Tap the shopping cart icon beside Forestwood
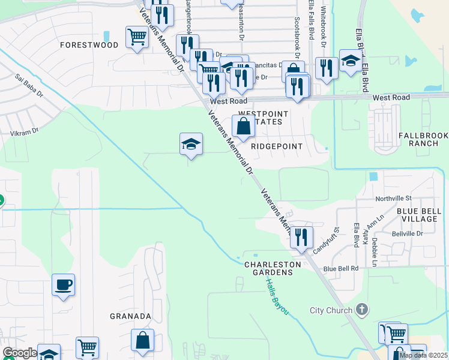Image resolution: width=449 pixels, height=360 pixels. pos(137,38)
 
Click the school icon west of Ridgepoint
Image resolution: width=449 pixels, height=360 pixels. pos(191,144)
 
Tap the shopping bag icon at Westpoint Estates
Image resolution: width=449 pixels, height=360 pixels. pos(243,127)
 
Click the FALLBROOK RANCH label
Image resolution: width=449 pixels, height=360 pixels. pos(423,139)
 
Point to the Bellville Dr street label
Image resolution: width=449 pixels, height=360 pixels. pos(408,233)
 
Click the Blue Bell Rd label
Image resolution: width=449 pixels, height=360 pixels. pos(341,268)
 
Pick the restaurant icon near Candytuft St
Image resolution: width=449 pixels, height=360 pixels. pos(301,237)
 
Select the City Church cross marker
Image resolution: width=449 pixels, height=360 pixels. pos(361,310)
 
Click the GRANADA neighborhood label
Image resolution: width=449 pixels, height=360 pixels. pos(130,316)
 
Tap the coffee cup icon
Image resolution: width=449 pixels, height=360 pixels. pos(63,284)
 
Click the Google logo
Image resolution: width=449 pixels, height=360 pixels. pos(19,353)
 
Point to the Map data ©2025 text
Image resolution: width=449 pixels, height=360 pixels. pos(423,355)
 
